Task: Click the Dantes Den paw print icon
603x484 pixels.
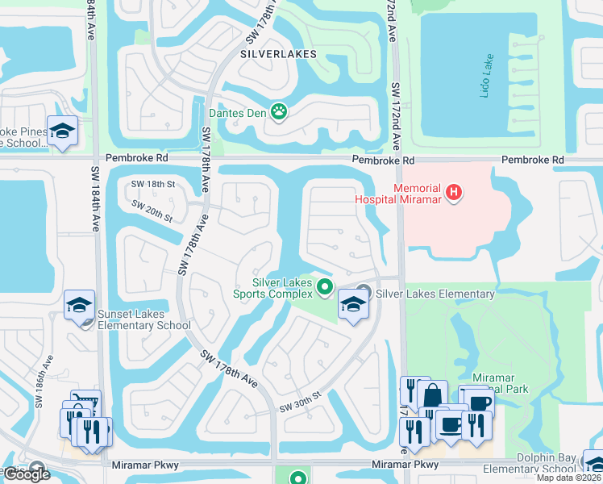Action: click(280, 111)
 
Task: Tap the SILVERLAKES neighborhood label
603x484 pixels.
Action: click(278, 54)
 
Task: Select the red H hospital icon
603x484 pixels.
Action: click(455, 193)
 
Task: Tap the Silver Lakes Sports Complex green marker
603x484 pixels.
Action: click(325, 286)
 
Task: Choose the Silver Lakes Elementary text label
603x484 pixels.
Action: click(435, 294)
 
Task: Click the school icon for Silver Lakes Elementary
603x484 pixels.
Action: click(352, 304)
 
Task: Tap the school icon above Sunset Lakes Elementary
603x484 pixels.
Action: click(80, 305)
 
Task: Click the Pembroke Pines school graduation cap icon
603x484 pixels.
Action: click(61, 131)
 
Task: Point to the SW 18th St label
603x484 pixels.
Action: click(153, 185)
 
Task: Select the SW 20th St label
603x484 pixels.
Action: click(152, 212)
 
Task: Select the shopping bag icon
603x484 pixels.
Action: click(432, 395)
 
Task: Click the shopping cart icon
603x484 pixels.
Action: click(85, 403)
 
